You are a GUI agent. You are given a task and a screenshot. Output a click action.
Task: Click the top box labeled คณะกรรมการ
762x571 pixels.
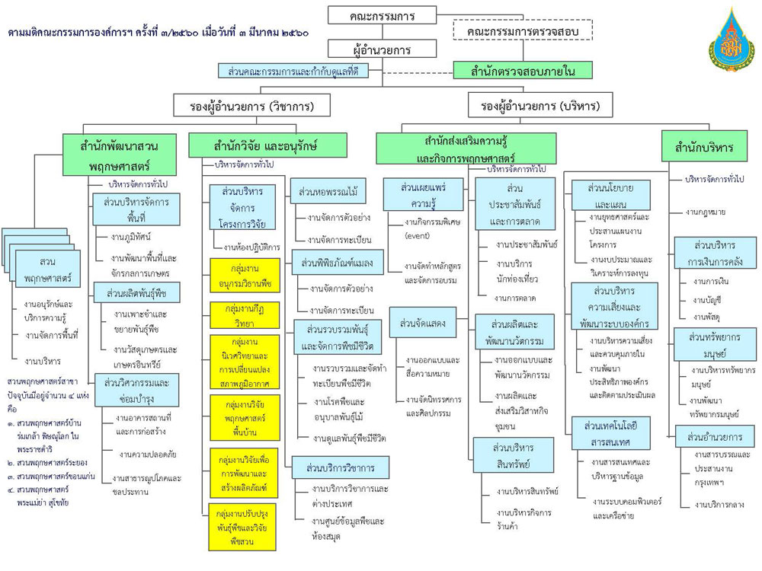[x=382, y=15]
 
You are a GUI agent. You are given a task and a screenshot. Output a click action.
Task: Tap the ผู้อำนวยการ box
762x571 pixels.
[x=382, y=49]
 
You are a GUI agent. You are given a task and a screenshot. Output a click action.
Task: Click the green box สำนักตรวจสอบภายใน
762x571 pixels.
[x=523, y=72]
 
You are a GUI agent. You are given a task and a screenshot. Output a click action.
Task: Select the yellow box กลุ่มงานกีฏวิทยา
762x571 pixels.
[x=240, y=315]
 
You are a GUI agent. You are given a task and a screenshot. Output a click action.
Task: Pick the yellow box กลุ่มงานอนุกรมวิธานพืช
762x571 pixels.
[x=240, y=277]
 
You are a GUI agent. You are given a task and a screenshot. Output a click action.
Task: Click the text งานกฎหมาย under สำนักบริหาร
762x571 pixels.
[x=705, y=212]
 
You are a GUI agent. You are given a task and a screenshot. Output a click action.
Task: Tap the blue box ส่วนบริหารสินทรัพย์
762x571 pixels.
[x=512, y=455]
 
